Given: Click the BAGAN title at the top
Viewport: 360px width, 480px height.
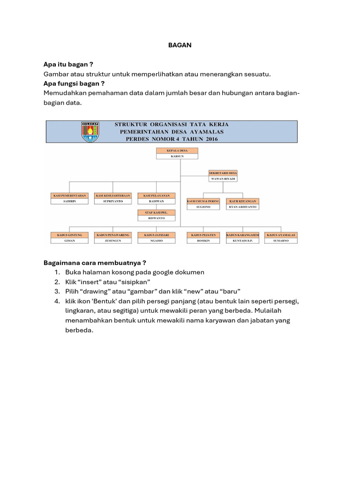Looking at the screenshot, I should pos(180,45).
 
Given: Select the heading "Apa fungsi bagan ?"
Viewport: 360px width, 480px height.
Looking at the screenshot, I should pos(74,83).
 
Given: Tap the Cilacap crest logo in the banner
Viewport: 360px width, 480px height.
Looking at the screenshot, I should pos(90,132).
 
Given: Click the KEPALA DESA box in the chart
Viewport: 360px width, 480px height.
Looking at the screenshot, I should pos(177,150).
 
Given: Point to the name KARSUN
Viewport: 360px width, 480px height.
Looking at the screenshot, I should pos(177,157).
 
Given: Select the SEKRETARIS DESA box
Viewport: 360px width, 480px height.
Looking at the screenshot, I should pos(223,172).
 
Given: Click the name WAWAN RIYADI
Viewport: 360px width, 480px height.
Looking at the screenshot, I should pos(223,179).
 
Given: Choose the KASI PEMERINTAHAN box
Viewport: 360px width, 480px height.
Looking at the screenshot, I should pos(69,195).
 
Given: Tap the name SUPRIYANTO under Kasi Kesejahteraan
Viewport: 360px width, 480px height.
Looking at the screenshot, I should pos(112,201).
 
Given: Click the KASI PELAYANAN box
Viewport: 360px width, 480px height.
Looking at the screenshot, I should pos(156,195).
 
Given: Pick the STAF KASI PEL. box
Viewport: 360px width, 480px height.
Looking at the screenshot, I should pos(156,212).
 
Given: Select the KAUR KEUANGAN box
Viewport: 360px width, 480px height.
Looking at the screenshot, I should pos(243,201).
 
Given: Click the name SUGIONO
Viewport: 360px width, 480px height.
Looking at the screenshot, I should pos(203,207).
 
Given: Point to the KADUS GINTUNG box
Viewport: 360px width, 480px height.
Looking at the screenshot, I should pos(69,234).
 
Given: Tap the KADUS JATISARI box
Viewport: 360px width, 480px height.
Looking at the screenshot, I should pos(156,234).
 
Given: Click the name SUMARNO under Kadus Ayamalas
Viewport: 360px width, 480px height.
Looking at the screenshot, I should pos(281,240).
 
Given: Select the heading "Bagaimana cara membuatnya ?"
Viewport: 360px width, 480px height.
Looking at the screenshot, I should pos(97,262).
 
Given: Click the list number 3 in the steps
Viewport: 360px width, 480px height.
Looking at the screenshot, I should pos(56,291).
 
